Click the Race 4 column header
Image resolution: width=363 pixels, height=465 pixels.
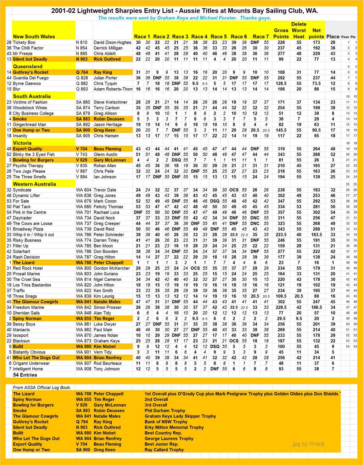[x=199, y=37]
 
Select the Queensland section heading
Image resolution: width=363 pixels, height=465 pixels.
[x=28, y=66]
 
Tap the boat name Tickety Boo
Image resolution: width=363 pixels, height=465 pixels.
[x=24, y=42]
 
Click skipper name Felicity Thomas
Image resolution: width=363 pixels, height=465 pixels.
[x=108, y=207]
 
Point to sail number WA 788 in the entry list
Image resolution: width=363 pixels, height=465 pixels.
[x=84, y=263]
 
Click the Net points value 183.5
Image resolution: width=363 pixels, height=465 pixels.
[x=316, y=235]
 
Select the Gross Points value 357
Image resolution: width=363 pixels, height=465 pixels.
[x=281, y=212]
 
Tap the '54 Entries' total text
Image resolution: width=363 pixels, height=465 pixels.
[x=25, y=375]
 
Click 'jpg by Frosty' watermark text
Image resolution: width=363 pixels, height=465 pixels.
[x=308, y=444]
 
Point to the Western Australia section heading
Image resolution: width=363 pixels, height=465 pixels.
[x=34, y=184]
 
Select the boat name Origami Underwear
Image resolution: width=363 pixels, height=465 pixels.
[x=31, y=363]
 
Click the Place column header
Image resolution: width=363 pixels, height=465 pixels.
[x=333, y=37]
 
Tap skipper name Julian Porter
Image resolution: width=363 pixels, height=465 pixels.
[x=105, y=78]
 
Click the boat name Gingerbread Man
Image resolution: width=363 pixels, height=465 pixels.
[x=29, y=125]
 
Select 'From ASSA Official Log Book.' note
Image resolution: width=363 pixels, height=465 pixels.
[x=42, y=388]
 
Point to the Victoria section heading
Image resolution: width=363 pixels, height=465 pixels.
[x=22, y=143]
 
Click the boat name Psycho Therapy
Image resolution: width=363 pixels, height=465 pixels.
[x=28, y=166]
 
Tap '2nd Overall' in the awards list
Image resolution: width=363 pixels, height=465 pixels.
[x=156, y=399]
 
